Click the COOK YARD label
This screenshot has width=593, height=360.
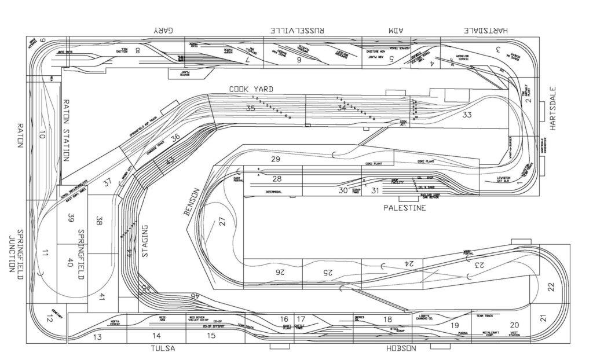point(251,89)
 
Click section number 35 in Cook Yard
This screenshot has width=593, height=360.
point(251,108)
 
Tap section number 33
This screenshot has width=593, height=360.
point(467,115)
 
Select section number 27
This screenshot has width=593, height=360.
point(221,221)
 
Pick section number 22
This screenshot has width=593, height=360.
point(551,286)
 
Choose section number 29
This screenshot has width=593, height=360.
point(276,159)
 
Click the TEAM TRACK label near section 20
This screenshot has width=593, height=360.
point(484,316)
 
